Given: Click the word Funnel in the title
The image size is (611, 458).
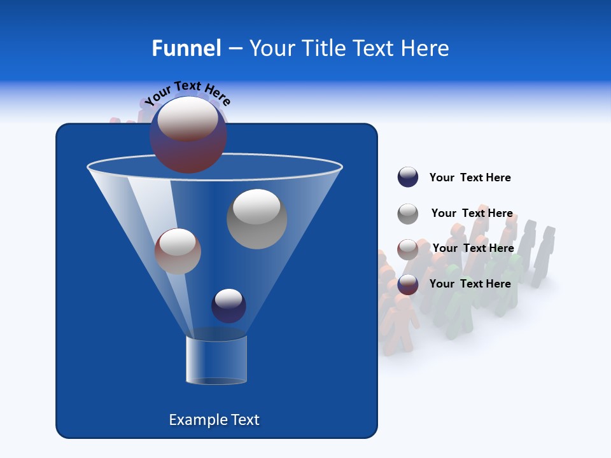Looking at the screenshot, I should click(186, 48).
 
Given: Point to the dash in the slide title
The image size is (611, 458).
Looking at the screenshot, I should click(235, 49).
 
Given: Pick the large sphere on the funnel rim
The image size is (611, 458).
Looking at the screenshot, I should click(188, 135).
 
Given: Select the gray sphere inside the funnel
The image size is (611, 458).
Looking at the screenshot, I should click(256, 219).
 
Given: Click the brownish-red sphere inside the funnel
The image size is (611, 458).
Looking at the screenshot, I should click(178, 251).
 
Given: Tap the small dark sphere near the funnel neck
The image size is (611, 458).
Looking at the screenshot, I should click(228, 305).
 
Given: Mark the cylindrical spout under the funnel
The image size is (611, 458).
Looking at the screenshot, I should click(216, 360).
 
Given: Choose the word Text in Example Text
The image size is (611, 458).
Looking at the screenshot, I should click(244, 420).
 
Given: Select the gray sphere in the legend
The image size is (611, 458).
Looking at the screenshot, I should click(408, 214).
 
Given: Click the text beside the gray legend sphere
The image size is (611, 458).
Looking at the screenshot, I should click(472, 214).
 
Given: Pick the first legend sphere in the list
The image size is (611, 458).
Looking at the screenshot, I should click(408, 177).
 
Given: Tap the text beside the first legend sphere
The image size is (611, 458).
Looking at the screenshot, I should click(470, 177).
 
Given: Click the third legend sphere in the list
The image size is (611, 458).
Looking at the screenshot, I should click(408, 249).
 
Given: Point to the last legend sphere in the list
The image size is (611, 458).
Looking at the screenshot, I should click(408, 284).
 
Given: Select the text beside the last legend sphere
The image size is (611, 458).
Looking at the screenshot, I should click(470, 284).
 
